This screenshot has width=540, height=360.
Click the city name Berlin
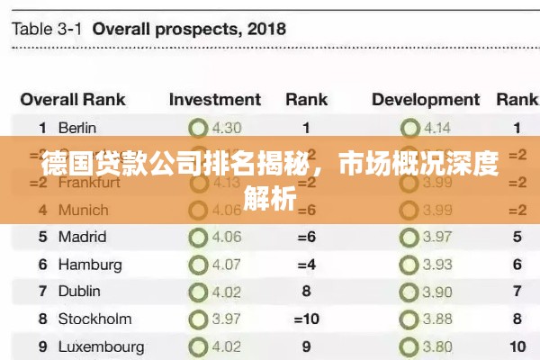77,129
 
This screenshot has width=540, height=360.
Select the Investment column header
214,100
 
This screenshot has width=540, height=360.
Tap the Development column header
427,100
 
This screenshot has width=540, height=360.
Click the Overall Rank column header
73,100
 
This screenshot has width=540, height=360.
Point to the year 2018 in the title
265,29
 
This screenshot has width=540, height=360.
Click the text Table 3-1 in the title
47,29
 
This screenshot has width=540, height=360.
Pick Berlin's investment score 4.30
226,129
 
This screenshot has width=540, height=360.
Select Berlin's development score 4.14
437,129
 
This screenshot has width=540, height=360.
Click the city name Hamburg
90,265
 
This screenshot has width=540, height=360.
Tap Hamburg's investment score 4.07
226,265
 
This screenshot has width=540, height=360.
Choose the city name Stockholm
94,319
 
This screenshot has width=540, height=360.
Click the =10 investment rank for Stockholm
306,319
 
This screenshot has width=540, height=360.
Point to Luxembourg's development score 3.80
437,346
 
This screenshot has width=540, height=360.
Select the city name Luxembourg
101,346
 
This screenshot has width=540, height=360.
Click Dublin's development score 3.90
437,292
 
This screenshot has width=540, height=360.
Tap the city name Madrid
82,238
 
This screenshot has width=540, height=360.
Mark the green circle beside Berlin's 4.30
198,129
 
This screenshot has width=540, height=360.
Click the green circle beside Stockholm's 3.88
410,319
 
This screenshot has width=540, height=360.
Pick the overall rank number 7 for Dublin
42,292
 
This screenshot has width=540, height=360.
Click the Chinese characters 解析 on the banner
270,198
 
